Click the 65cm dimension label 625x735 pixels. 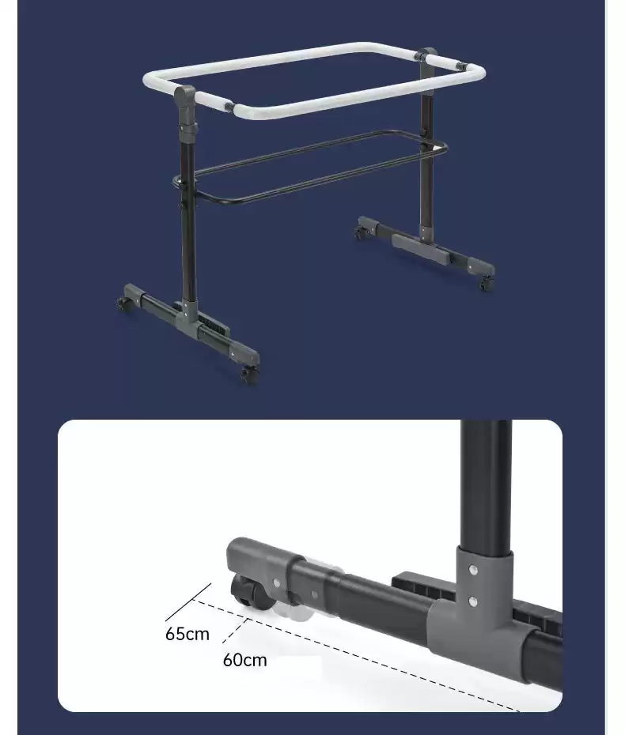187,634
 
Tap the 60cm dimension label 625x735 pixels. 245,660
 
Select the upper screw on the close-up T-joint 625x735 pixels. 473,570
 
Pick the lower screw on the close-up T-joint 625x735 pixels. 473,601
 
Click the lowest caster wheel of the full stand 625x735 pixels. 249,374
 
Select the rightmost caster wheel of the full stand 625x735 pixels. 486,283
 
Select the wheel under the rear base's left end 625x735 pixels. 360,232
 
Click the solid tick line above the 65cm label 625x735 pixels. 187,602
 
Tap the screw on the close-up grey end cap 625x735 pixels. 276,582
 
